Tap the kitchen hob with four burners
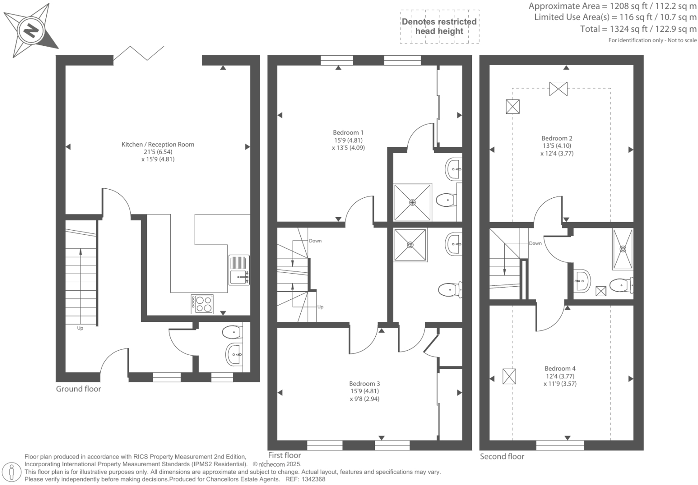point(202,304)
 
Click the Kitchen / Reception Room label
point(158,145)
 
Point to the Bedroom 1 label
point(348,133)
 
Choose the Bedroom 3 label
point(364,384)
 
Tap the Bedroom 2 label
point(556,138)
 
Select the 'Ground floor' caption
point(78,389)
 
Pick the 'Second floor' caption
point(502,457)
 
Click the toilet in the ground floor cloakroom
point(231,332)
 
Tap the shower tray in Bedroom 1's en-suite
point(413,202)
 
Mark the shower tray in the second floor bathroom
point(622,249)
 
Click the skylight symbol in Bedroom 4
point(509,376)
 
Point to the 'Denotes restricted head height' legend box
point(439,27)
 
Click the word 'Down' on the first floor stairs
point(315,241)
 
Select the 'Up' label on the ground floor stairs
point(80,328)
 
